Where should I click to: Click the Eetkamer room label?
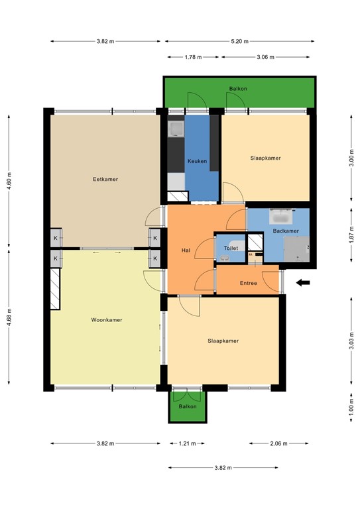(105, 179)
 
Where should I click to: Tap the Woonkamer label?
(106, 319)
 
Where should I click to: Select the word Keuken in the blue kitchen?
(197, 161)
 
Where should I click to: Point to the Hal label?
(186, 251)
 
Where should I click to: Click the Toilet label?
(231, 248)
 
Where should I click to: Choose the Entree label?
(249, 283)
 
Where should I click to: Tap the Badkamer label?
(286, 231)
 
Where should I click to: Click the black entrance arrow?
(303, 283)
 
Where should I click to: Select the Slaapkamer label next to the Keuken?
(265, 158)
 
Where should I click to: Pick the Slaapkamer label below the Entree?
(223, 341)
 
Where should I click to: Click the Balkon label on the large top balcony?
(238, 88)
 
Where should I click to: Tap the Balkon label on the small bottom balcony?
(188, 406)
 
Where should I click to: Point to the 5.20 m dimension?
(240, 41)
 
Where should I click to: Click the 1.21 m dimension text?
(188, 443)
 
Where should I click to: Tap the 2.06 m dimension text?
(278, 443)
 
